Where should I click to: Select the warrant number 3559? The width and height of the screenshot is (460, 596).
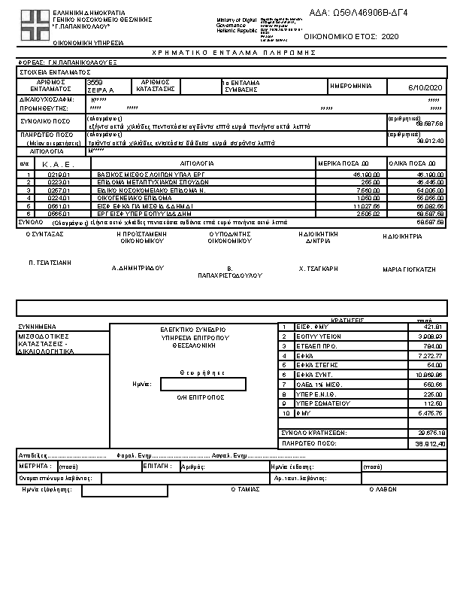click(x=95, y=81)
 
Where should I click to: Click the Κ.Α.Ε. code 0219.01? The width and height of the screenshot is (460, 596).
click(x=59, y=175)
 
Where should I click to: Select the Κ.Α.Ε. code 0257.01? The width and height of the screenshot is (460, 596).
click(x=59, y=190)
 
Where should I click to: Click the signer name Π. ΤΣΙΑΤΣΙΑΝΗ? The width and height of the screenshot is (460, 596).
click(x=50, y=263)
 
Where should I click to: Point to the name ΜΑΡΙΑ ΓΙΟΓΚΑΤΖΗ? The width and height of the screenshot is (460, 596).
click(x=409, y=269)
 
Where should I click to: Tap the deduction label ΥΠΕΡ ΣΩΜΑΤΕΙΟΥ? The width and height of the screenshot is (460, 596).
click(x=316, y=403)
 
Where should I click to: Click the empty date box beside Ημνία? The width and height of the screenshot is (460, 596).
click(x=203, y=384)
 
